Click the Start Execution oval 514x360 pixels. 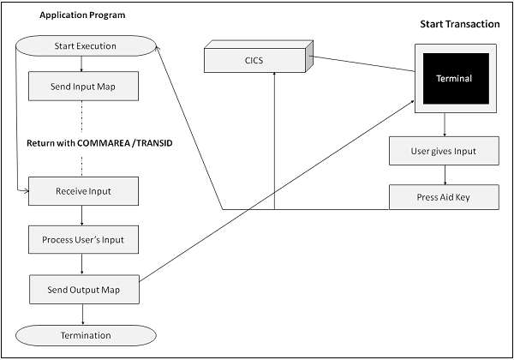tap(84, 45)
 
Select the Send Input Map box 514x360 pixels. tap(83, 87)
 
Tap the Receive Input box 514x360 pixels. tap(83, 190)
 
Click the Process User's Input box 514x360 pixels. tap(83, 240)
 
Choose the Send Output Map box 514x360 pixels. tap(83, 289)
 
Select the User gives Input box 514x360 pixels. tap(444, 151)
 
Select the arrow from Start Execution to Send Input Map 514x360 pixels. tap(81, 63)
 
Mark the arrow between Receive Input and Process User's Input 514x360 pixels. tap(81, 215)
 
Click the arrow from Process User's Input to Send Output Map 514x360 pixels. tap(81, 265)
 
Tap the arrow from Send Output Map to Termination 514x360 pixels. tap(81, 314)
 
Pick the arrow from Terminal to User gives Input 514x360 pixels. tap(444, 126)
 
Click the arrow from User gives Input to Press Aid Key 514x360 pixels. tap(444, 175)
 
